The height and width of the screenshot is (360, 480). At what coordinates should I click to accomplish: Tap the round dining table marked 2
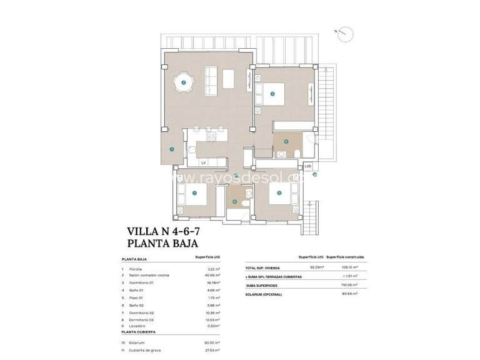pyautogui.click(x=183, y=82)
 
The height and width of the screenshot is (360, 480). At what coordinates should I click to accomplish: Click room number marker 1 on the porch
pyautogui.click(x=172, y=149)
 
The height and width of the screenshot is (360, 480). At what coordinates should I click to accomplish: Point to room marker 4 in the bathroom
pyautogui.click(x=286, y=142)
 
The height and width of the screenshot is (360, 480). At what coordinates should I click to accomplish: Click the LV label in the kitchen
pyautogui.click(x=203, y=162)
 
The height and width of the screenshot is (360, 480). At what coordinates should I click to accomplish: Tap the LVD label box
pyautogui.click(x=307, y=166)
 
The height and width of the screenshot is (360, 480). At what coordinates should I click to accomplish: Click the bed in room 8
pyautogui.click(x=279, y=193)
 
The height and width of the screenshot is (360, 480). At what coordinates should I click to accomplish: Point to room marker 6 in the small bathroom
pyautogui.click(x=235, y=201)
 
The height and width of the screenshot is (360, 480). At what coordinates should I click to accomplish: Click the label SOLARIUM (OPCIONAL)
pyautogui.click(x=264, y=294)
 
